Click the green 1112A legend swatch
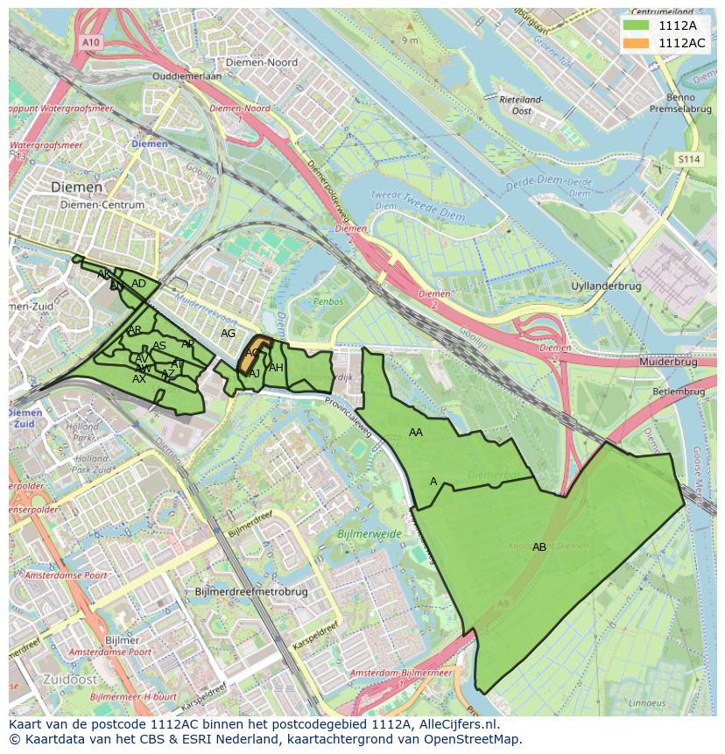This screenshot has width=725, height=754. click(637, 25)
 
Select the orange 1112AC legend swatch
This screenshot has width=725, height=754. click(637, 43)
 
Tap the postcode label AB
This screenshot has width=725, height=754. click(539, 547)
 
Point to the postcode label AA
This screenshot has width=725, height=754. click(416, 433)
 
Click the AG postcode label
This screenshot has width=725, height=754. click(229, 334)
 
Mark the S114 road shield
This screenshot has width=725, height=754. click(689, 159)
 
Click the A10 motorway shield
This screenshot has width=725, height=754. click(89, 42)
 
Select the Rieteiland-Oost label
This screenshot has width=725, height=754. click(522, 106)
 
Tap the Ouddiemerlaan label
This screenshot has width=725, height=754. click(187, 76)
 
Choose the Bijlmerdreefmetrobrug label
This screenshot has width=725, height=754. click(252, 592)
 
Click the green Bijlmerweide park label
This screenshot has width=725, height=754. click(369, 533)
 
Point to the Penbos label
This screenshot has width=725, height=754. click(328, 301)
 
